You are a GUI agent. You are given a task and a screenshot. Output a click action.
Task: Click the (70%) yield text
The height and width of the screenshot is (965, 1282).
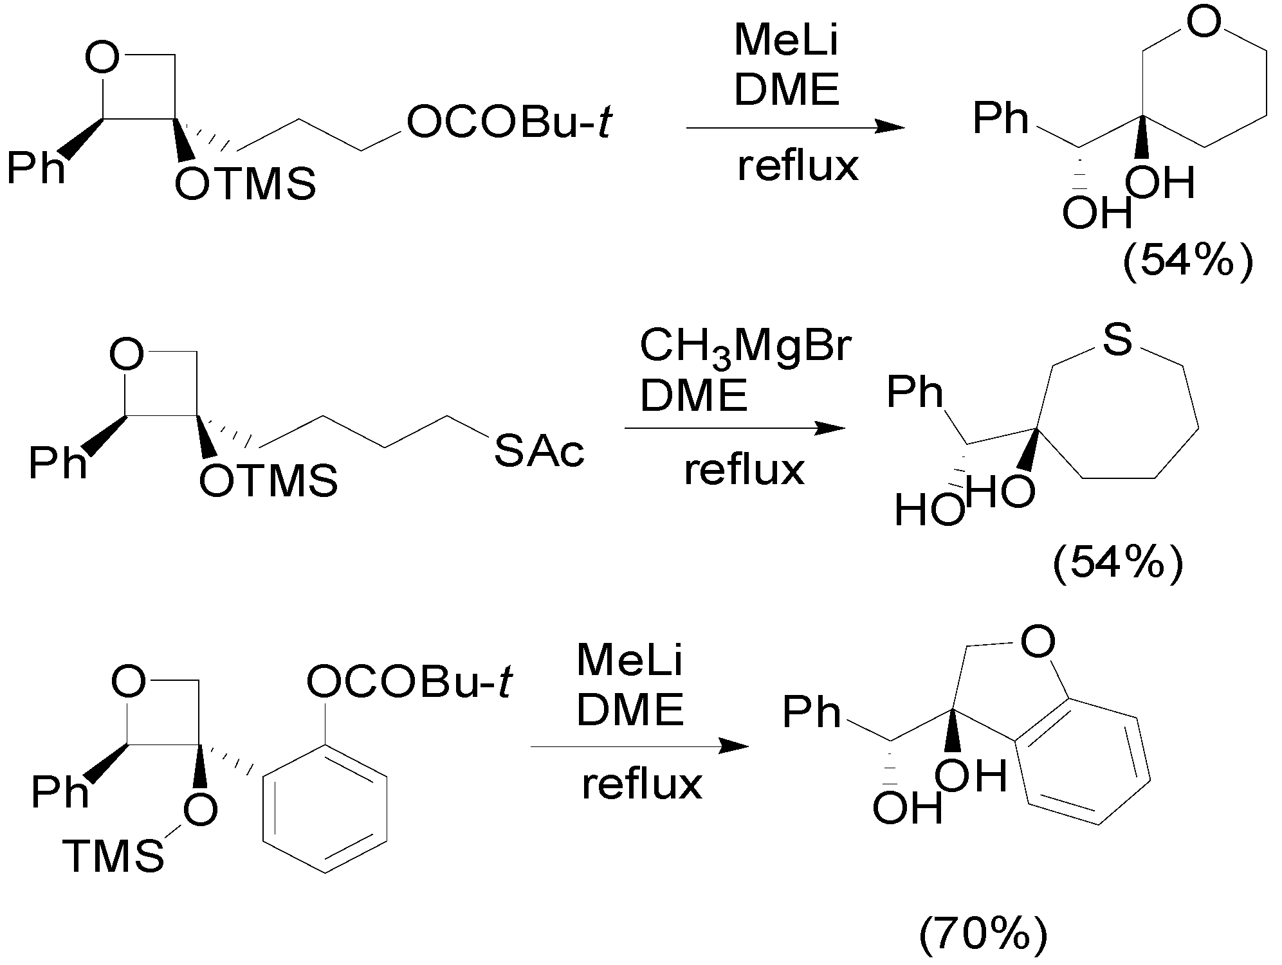click(982, 935)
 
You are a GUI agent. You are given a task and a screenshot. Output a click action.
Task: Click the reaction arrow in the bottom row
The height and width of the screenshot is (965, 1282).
click(639, 746)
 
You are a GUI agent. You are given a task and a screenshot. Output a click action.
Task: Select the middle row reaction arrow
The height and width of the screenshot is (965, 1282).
click(734, 429)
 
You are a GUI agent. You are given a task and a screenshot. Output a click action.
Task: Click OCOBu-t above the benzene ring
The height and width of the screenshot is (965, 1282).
click(409, 682)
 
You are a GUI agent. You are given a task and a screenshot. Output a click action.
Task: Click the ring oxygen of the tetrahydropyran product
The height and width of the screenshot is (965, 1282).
click(1203, 23)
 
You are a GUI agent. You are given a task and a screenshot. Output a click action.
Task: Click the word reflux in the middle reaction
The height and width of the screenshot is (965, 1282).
click(744, 470)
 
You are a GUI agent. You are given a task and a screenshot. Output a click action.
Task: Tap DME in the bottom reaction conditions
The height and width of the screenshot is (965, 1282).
click(629, 710)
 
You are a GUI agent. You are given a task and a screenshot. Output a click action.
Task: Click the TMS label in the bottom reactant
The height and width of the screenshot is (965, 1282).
click(113, 857)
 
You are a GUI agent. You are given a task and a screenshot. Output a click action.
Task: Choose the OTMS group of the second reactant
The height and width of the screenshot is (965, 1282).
click(268, 481)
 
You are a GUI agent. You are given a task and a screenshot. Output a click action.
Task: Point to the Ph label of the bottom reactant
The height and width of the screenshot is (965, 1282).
click(59, 792)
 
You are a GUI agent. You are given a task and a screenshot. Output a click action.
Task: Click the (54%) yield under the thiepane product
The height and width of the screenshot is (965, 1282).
click(1117, 565)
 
